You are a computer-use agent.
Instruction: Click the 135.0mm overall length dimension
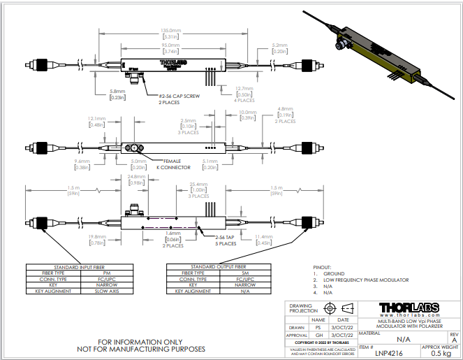[x=171, y=31]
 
